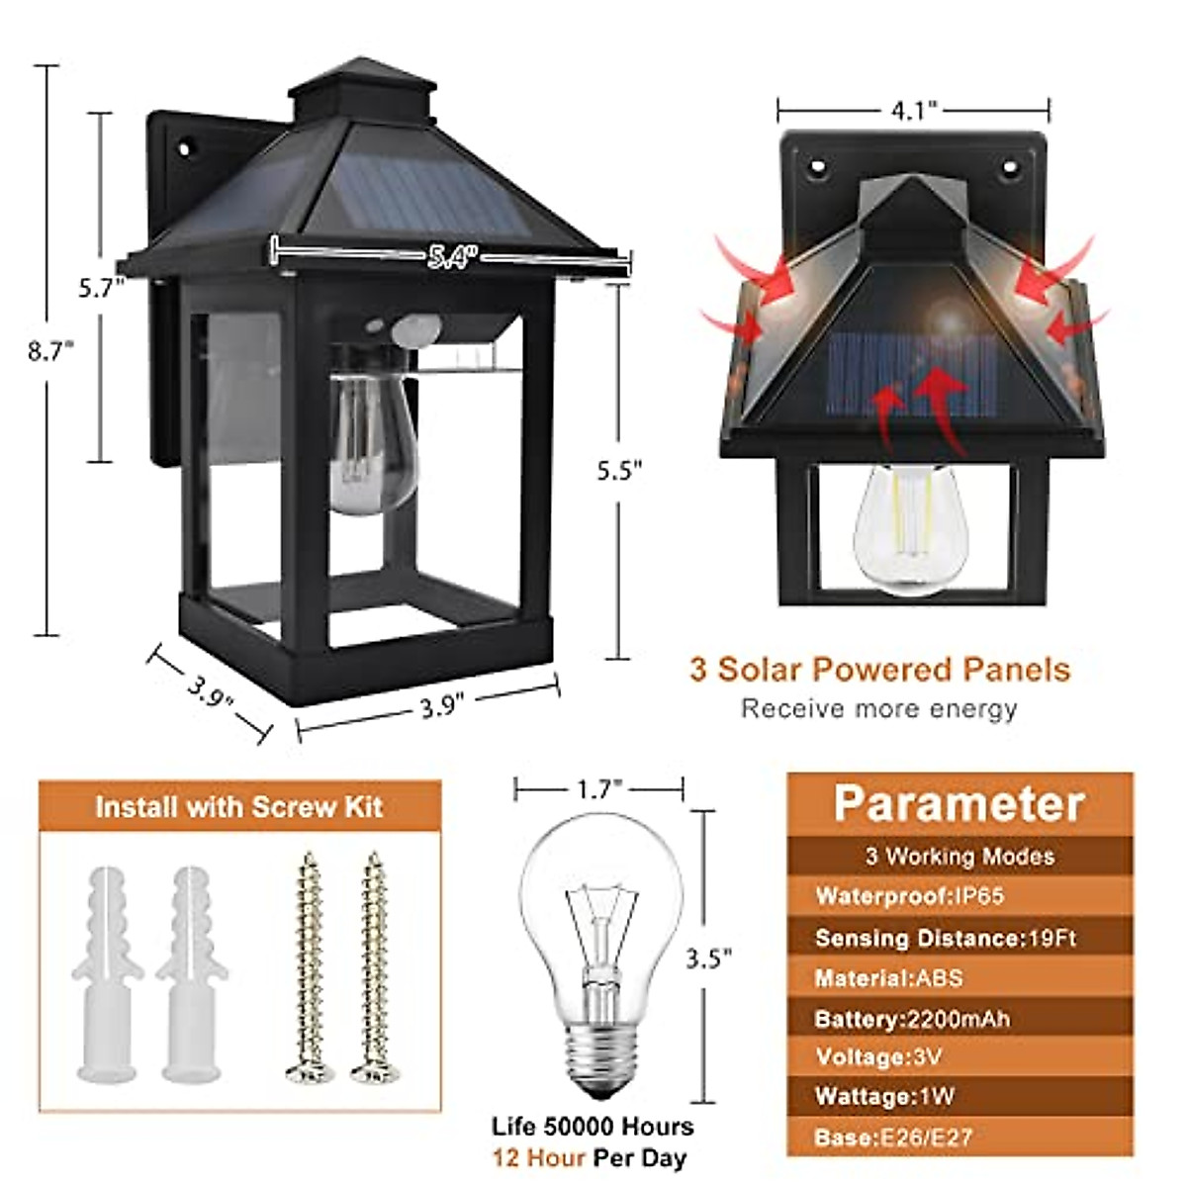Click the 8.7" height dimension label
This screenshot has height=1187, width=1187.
coord(51,350)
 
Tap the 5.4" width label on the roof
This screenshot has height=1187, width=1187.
coord(452,257)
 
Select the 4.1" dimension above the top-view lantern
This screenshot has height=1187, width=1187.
coord(913,110)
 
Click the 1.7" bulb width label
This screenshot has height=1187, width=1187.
coord(598,788)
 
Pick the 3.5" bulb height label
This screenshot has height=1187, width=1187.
coord(708,958)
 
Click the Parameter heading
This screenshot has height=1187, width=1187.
coord(959,803)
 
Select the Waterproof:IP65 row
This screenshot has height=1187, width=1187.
coord(909,896)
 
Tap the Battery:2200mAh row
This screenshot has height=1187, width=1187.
coord(911,1018)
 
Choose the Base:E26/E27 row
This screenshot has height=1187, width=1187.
coord(892,1138)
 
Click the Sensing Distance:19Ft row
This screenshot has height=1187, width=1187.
coord(945,937)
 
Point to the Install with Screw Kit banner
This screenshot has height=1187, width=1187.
coord(239,807)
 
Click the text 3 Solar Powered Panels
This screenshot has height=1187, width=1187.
coord(879,670)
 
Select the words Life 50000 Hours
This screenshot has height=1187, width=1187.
coord(593,1126)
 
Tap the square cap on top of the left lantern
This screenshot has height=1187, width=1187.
coord(365,91)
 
